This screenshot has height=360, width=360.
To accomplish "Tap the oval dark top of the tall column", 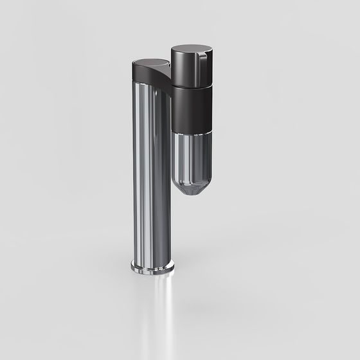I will click(150, 63).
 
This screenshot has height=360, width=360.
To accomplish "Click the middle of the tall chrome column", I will click(152, 174).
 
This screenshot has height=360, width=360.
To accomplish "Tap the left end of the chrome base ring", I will click(132, 266).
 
